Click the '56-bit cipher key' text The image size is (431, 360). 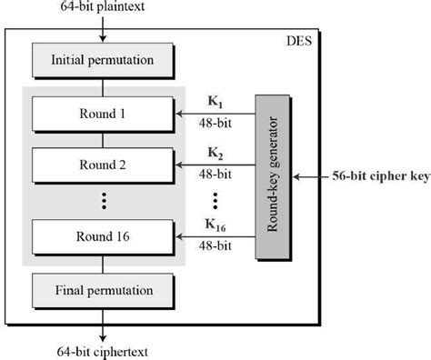[x=377, y=175]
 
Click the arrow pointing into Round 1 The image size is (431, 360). [x=218, y=115]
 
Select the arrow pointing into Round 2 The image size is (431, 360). [x=218, y=165]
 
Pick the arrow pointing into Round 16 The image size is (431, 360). [x=218, y=237]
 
